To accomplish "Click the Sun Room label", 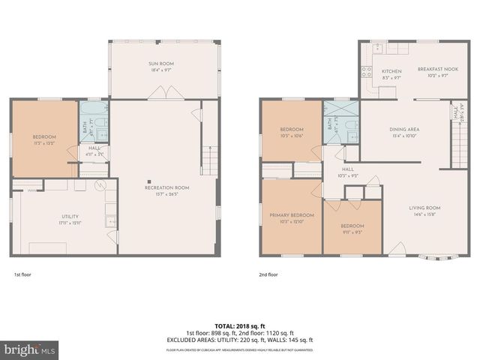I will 162,64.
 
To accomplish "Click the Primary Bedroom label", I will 292,215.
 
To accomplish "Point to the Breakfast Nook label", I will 432,67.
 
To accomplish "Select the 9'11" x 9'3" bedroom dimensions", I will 352,232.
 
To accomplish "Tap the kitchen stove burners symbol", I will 367,72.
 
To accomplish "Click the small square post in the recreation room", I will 149,181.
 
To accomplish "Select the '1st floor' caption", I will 22,274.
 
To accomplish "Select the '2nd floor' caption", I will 268,274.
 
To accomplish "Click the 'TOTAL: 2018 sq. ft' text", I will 240,326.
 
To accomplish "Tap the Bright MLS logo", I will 30,349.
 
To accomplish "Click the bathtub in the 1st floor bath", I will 94,121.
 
